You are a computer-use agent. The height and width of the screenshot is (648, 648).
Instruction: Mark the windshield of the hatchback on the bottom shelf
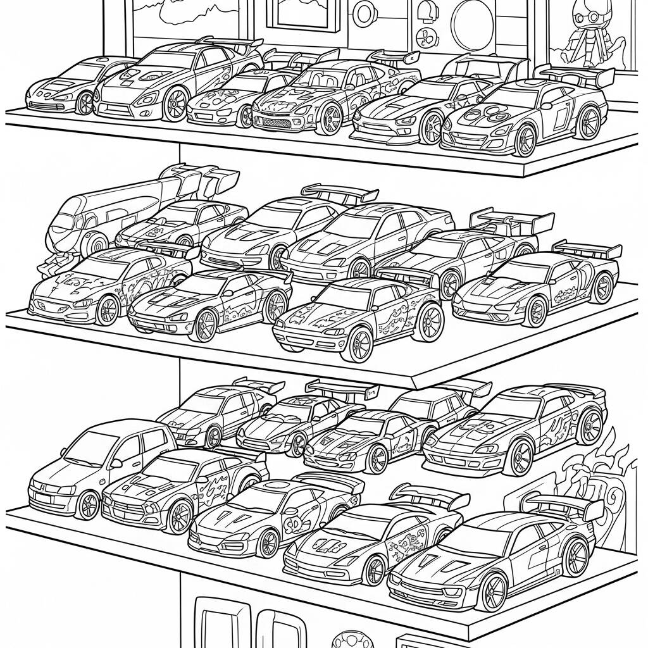coord(89,452)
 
